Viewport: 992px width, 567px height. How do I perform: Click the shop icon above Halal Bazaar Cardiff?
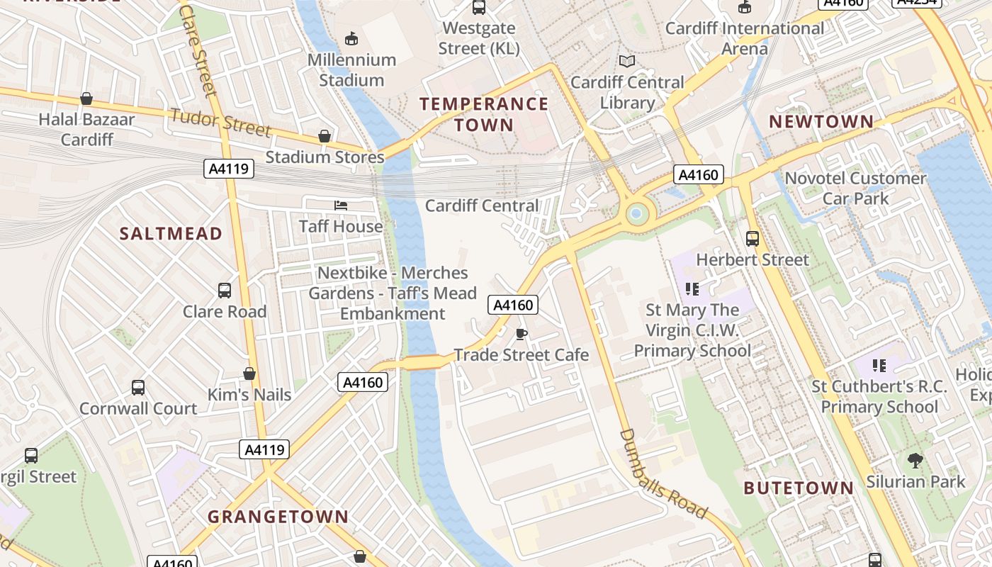point(86,99)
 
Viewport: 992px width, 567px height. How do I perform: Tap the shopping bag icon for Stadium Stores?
point(325,135)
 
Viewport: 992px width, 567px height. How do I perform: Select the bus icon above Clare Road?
point(225,291)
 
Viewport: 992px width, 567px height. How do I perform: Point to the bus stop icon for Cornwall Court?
point(138,388)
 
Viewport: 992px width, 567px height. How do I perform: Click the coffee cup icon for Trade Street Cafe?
point(522,334)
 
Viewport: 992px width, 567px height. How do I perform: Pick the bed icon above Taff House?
point(341,206)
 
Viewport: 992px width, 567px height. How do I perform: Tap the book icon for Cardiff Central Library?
point(627,62)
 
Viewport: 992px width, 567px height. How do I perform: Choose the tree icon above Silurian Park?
point(915,461)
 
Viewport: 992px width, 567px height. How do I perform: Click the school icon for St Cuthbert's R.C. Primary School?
point(879,366)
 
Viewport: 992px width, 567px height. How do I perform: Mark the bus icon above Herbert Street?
point(753,239)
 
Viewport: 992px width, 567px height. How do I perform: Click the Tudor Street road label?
point(220,122)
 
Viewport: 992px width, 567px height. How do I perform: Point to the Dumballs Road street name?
point(663,473)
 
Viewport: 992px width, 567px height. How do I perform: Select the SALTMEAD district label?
point(171,234)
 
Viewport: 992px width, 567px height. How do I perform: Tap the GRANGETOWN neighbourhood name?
point(278,517)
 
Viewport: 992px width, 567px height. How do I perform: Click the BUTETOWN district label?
point(799,488)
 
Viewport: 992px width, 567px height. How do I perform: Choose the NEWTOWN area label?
point(821,122)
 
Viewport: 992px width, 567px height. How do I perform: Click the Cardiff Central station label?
point(482,206)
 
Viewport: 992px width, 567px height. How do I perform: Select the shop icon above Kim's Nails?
point(249,374)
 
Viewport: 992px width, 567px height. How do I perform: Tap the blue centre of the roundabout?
point(636,213)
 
